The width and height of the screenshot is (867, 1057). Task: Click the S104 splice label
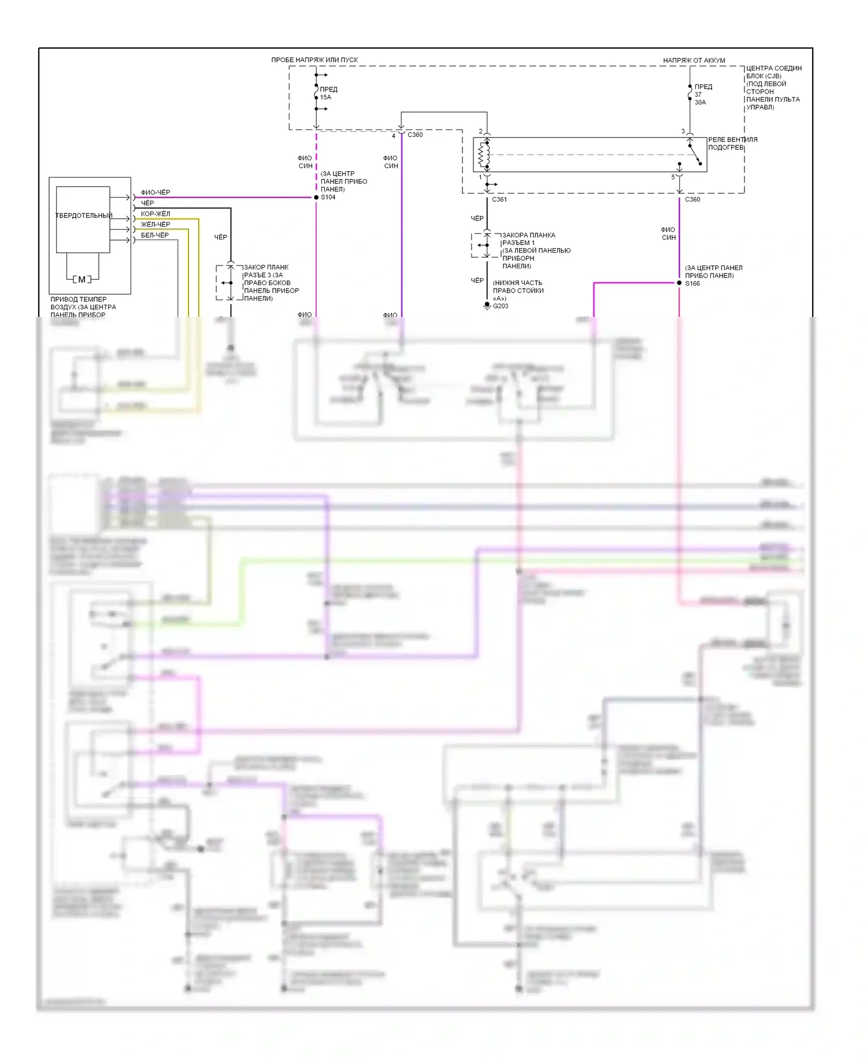tap(328, 197)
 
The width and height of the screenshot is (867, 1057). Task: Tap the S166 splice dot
tap(679, 283)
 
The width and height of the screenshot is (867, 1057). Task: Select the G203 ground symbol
tap(487, 305)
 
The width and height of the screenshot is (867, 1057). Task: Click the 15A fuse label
tap(325, 97)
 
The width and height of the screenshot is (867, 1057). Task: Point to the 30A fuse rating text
tap(700, 102)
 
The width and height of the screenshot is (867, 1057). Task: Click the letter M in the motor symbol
tap(81, 279)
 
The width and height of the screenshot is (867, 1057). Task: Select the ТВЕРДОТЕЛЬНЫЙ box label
tap(84, 216)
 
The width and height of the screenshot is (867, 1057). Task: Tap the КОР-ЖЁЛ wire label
tap(155, 214)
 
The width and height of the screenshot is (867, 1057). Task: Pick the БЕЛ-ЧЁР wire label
tap(155, 235)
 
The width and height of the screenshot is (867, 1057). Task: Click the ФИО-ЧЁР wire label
tap(155, 193)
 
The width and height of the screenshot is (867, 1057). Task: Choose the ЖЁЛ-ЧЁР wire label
tap(155, 224)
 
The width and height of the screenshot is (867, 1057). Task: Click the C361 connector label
tap(499, 199)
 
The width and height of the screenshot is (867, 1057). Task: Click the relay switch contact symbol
tap(694, 154)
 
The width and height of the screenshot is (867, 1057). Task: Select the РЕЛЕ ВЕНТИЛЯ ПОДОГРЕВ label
tap(732, 143)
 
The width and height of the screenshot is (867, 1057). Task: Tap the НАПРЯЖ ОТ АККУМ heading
tap(694, 60)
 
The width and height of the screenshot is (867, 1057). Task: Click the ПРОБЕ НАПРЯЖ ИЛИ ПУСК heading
tap(314, 60)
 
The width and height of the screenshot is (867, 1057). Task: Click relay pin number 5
tap(673, 177)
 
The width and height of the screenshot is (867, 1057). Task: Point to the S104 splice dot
tap(316, 197)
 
